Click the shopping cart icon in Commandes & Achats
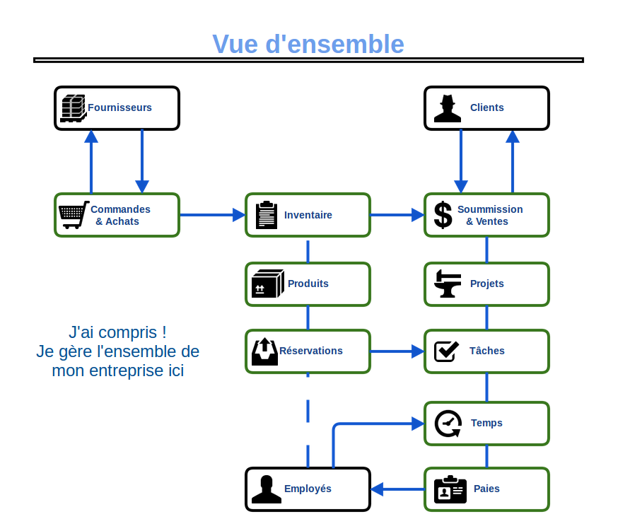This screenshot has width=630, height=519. point(73,215)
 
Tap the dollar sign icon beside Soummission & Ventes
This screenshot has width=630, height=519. point(443,215)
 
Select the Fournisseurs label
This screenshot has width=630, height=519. point(119,107)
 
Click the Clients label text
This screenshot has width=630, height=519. point(486,107)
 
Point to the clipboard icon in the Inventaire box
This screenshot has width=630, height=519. point(266,215)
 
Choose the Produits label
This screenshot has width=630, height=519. point(308,284)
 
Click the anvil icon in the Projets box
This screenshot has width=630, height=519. point(447,284)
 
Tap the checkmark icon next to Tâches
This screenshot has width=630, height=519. point(446,351)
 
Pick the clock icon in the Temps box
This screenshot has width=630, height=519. point(448,424)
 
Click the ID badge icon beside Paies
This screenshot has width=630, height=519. point(450,489)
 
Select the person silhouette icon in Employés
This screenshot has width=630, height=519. point(266,489)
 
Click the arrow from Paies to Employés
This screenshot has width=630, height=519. point(397,489)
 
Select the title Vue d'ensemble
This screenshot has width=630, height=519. point(308,44)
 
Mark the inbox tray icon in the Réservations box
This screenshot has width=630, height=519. point(264,351)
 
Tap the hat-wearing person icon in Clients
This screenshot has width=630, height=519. point(447,108)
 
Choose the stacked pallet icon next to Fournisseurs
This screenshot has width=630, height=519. point(73,108)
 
